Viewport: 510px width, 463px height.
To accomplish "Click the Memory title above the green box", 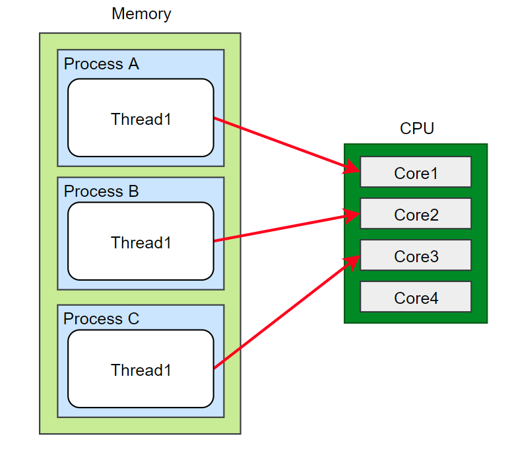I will (x=141, y=14).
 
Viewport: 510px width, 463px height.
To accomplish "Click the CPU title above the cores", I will (x=417, y=129).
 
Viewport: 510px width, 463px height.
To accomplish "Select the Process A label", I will (x=102, y=64).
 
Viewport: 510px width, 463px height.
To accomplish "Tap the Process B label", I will (x=102, y=192).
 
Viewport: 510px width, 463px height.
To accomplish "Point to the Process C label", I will (x=102, y=319).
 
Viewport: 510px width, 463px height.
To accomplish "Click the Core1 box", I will (x=416, y=172).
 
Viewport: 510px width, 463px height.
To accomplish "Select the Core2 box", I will (x=416, y=214).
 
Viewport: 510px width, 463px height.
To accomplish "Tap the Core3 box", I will (x=416, y=256).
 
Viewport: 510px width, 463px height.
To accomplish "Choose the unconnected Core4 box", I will (x=416, y=297).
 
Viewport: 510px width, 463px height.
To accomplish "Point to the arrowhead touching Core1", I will (x=352, y=168).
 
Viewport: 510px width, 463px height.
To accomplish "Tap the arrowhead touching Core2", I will (x=352, y=215).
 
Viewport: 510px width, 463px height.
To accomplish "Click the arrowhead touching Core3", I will (x=353, y=262).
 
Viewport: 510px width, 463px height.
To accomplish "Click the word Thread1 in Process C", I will (x=141, y=371).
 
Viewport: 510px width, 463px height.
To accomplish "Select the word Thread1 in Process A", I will (x=141, y=120).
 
